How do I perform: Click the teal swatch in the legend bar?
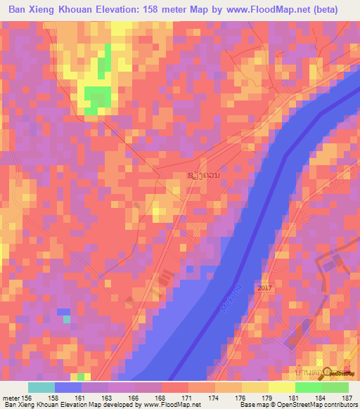tap(41, 387)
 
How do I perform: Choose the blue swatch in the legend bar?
tap(68, 387)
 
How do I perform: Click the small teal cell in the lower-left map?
tap(66, 319)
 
